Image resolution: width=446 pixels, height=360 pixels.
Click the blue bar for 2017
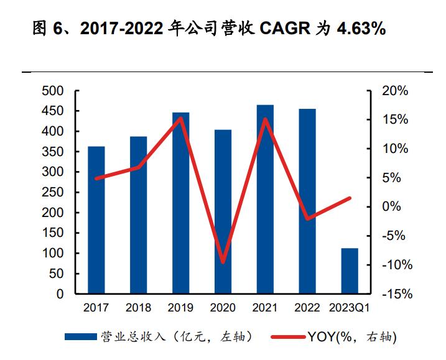pyautogui.click(x=96, y=220)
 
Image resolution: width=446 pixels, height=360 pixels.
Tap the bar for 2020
pyautogui.click(x=223, y=212)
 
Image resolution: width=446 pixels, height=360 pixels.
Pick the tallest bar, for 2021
pyautogui.click(x=265, y=200)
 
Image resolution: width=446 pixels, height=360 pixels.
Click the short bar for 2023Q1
pyautogui.click(x=350, y=271)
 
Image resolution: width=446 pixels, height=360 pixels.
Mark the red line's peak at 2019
pyautogui.click(x=180, y=118)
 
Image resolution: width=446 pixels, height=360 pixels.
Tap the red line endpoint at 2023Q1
pyautogui.click(x=350, y=198)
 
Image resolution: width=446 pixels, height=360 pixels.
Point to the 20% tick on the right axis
pyautogui.click(x=395, y=91)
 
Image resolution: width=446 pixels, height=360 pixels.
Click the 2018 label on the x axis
pyautogui.click(x=138, y=308)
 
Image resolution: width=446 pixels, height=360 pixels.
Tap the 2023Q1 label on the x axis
pyautogui.click(x=350, y=308)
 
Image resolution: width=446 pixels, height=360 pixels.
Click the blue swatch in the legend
pyautogui.click(x=81, y=337)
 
